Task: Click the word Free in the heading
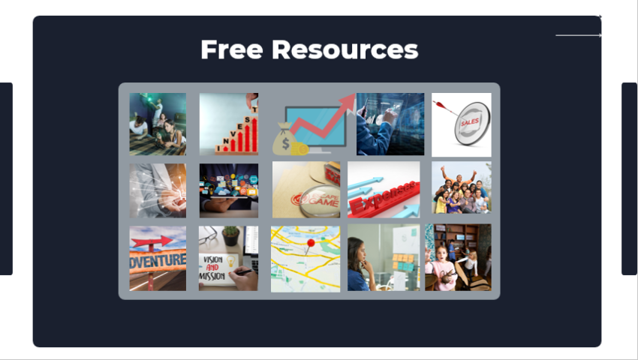(x=231, y=49)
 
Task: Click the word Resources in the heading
(x=345, y=49)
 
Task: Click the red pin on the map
(x=311, y=244)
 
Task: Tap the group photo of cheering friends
(x=462, y=189)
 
